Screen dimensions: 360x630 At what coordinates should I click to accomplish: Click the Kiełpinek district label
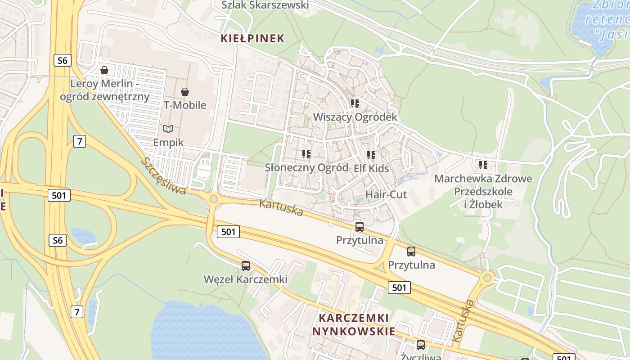pos(252,38)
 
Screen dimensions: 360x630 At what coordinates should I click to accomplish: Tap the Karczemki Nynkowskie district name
pos(354,324)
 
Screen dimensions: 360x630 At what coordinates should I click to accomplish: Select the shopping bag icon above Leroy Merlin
pos(104,70)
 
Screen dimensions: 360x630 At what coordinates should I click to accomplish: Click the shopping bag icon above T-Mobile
pos(184,92)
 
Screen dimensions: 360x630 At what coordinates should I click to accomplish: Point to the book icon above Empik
pos(168,129)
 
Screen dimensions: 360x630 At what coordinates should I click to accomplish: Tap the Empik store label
pos(168,143)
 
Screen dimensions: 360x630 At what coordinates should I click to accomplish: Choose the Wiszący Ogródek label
pos(355,117)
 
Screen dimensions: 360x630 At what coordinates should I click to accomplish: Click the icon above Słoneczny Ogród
pos(306,154)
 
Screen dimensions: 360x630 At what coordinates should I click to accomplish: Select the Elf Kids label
pos(371,168)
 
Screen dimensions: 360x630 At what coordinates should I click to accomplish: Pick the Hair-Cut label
pos(386,194)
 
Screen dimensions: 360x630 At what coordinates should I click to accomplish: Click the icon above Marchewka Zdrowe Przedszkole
pos(483,165)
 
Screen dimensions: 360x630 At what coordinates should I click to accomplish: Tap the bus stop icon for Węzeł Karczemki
pos(245,266)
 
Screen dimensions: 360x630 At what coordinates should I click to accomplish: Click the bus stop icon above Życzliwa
pos(420,345)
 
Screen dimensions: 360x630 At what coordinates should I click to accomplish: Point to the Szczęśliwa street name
pos(164,176)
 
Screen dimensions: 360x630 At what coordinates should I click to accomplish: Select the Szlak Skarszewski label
pos(265,5)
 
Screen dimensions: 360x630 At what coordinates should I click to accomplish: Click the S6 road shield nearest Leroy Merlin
pos(62,60)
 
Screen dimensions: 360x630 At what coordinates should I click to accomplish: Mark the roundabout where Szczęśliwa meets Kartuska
pos(213,199)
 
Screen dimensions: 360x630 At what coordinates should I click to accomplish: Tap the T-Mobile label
pos(184,105)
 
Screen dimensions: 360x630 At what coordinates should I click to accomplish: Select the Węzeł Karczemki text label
pos(245,279)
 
